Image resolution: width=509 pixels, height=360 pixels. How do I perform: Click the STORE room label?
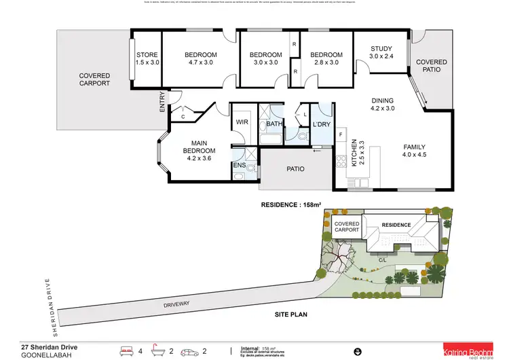147,54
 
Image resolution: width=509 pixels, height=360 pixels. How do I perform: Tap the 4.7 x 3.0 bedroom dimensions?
200,62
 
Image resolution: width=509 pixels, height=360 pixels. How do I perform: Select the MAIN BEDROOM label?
199,146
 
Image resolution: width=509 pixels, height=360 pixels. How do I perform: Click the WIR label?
241,122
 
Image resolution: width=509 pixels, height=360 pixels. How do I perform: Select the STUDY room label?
381,48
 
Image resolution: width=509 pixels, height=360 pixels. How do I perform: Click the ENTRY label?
162,102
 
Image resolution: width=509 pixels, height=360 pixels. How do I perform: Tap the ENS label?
239,164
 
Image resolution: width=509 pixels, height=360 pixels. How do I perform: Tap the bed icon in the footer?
127,351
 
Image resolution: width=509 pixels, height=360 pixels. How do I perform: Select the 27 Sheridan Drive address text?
49,347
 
